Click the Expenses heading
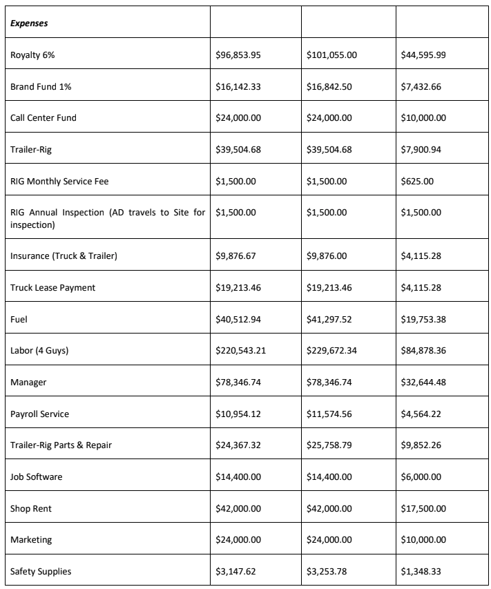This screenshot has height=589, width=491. (x=29, y=23)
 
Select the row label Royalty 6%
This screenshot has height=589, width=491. (x=32, y=55)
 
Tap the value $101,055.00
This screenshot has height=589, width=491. (x=331, y=55)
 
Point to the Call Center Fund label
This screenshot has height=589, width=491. (x=44, y=118)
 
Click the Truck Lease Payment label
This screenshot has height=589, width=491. (x=53, y=287)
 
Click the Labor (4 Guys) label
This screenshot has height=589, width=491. (x=39, y=351)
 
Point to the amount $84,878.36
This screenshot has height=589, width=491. (x=423, y=351)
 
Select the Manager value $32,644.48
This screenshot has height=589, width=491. (x=423, y=382)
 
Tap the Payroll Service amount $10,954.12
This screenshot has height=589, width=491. (x=238, y=414)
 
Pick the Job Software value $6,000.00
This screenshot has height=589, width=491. (x=421, y=477)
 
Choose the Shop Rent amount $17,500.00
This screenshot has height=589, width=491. (x=423, y=509)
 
